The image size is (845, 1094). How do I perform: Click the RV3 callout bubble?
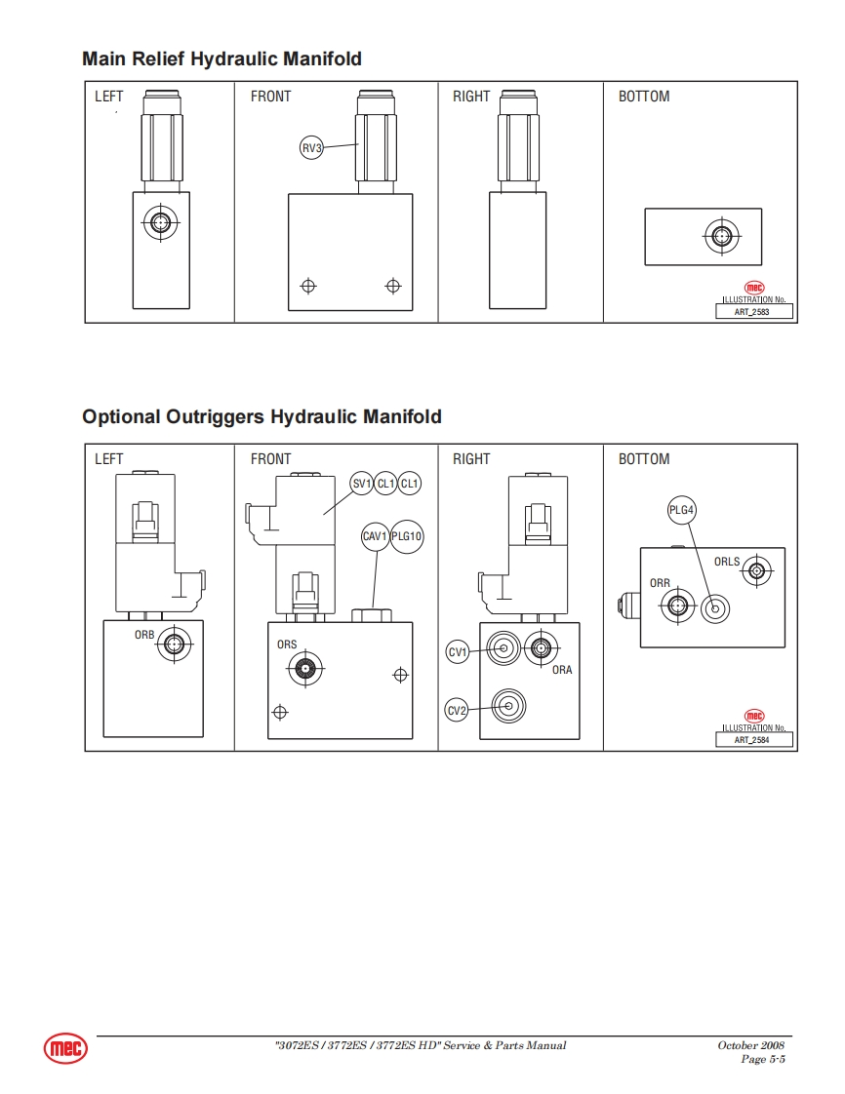point(311,148)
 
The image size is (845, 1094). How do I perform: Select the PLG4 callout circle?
point(682,510)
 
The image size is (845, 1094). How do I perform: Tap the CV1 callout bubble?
point(458,652)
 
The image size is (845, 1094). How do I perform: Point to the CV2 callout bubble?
point(456,711)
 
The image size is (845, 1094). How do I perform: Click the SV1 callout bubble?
point(362,484)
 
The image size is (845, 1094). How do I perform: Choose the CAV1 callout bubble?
point(375,536)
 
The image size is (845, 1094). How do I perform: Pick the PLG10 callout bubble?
point(407,536)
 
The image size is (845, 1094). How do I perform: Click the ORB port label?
point(144,635)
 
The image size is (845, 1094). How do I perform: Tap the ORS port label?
point(287,645)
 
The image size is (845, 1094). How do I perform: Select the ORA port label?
point(562,670)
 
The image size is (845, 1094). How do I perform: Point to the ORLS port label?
point(727,562)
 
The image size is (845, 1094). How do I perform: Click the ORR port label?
point(660,583)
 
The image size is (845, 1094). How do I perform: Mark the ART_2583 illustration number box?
point(754,312)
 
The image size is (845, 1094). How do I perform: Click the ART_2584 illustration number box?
point(754,739)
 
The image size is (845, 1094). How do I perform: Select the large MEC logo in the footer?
point(65,1048)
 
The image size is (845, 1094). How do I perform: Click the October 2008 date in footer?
point(750,1045)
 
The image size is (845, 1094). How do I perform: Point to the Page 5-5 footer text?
point(763,1059)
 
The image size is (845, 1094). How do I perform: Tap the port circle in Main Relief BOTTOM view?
point(721,237)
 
